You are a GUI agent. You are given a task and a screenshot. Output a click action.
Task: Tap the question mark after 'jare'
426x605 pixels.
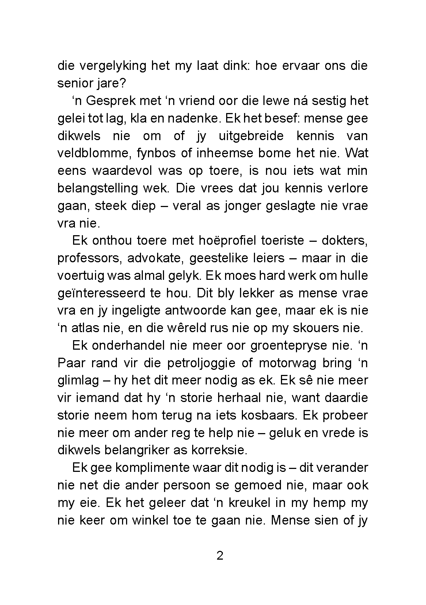122,84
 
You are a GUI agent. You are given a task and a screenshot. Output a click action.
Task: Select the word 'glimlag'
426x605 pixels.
78,381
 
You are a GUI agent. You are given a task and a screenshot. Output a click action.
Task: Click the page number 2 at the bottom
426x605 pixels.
220,556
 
